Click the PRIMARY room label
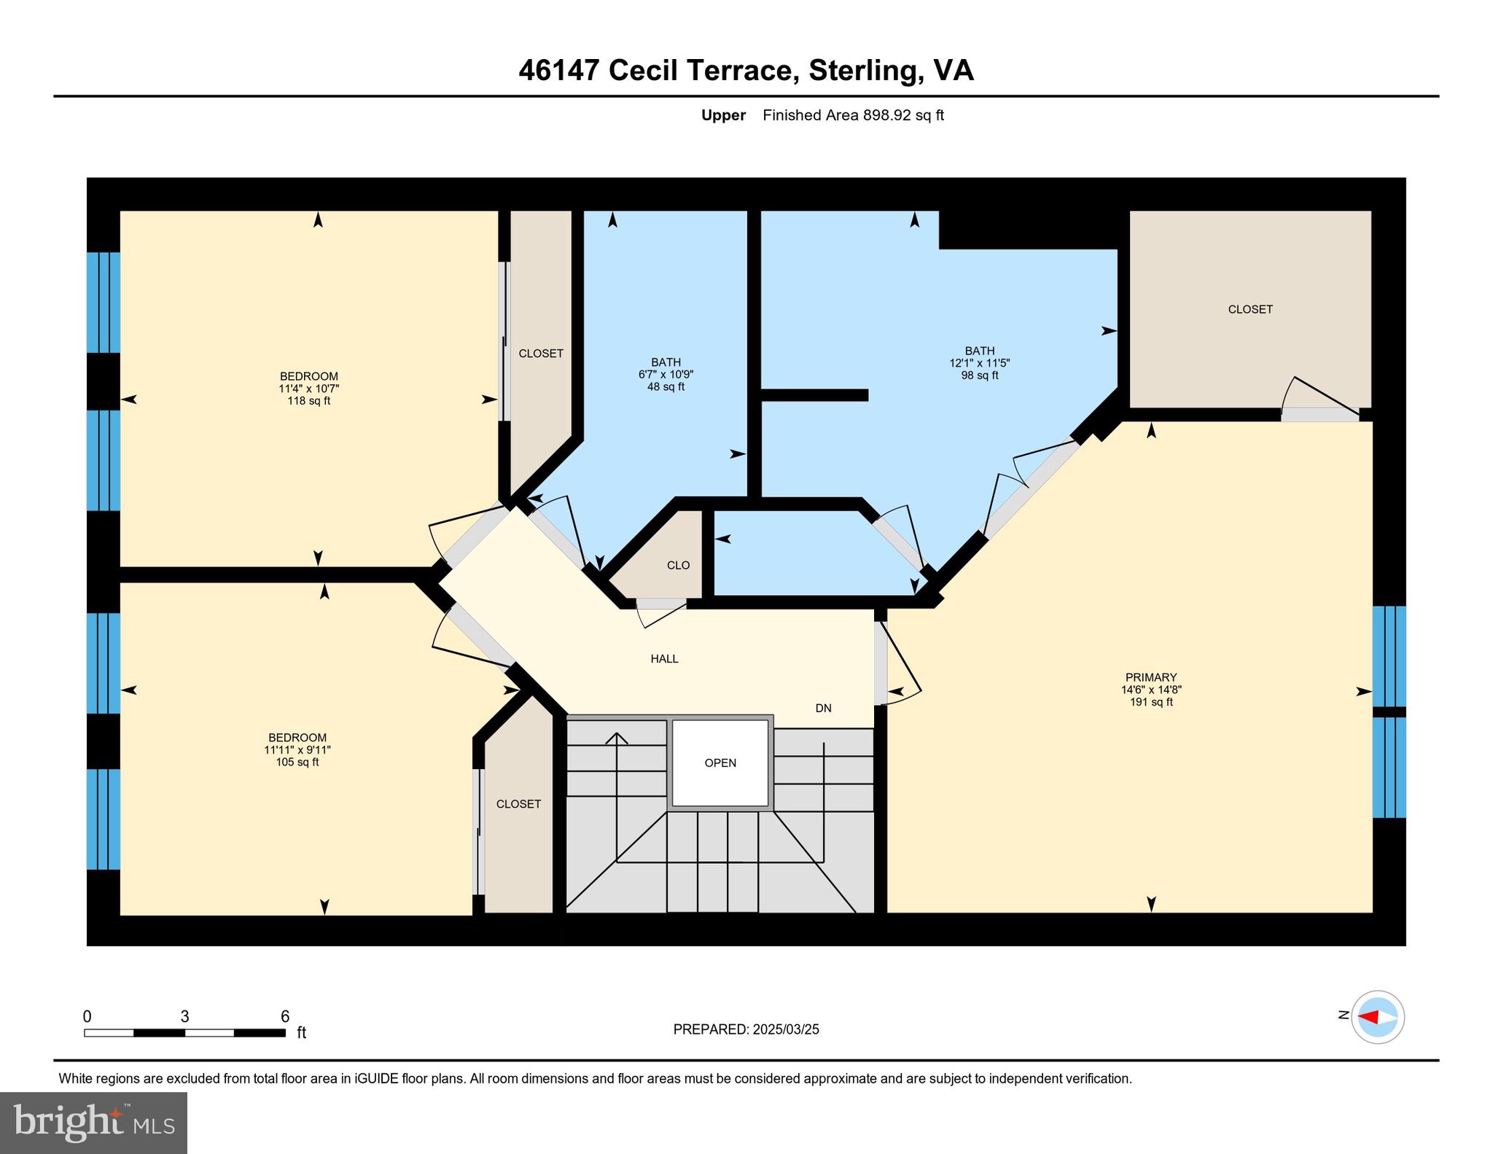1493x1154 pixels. pos(1151,677)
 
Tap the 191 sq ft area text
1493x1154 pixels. pos(1151,702)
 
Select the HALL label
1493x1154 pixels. pos(664,659)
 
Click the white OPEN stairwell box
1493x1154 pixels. pos(720,763)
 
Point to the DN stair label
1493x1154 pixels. pos(823,709)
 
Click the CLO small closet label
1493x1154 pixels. pos(678,566)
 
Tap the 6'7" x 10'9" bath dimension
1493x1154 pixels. pos(666,375)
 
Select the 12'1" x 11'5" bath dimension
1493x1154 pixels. pos(979,363)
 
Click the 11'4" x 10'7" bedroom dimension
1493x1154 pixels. pos(308,389)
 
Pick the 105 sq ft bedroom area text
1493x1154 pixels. pos(297,763)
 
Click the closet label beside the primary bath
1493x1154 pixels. pos(1250,310)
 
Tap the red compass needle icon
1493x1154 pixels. pos(1369,1017)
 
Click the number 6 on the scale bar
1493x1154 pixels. pos(285,1017)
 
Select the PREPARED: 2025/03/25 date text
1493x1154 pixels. pos(746,1029)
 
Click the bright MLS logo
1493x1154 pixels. pos(93,1122)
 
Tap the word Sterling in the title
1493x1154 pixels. pos(862,71)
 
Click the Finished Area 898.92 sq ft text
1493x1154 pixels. pos(853,115)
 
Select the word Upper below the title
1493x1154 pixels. pos(723,115)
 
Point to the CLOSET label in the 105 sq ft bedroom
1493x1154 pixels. pos(518,804)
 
